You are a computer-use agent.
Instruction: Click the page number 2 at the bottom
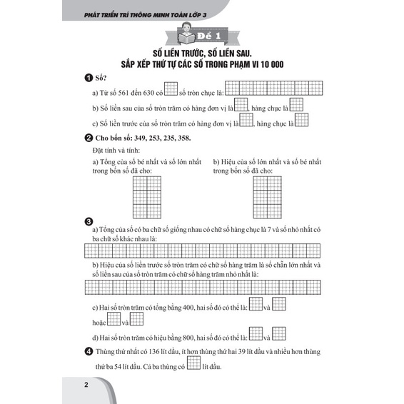coord(86,385)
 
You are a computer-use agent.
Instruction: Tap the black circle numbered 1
coord(89,78)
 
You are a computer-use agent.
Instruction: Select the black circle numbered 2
coord(89,138)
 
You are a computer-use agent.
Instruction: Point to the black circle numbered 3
coord(89,222)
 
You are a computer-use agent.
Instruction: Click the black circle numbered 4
coord(89,351)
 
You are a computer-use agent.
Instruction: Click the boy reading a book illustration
coord(187,34)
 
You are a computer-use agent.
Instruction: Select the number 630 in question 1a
coord(148,93)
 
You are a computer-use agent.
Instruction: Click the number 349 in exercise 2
coord(140,138)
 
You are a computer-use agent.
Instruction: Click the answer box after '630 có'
coord(171,89)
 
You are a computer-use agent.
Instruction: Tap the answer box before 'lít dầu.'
coord(193,363)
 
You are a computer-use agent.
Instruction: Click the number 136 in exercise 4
coord(154,352)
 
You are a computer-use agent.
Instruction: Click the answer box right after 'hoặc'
coord(113,319)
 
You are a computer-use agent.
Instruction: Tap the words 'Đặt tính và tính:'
coord(116,151)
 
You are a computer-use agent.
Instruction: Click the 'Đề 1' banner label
coord(209,36)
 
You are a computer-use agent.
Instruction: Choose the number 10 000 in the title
coord(272,64)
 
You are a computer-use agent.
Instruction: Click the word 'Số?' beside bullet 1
coord(101,78)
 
